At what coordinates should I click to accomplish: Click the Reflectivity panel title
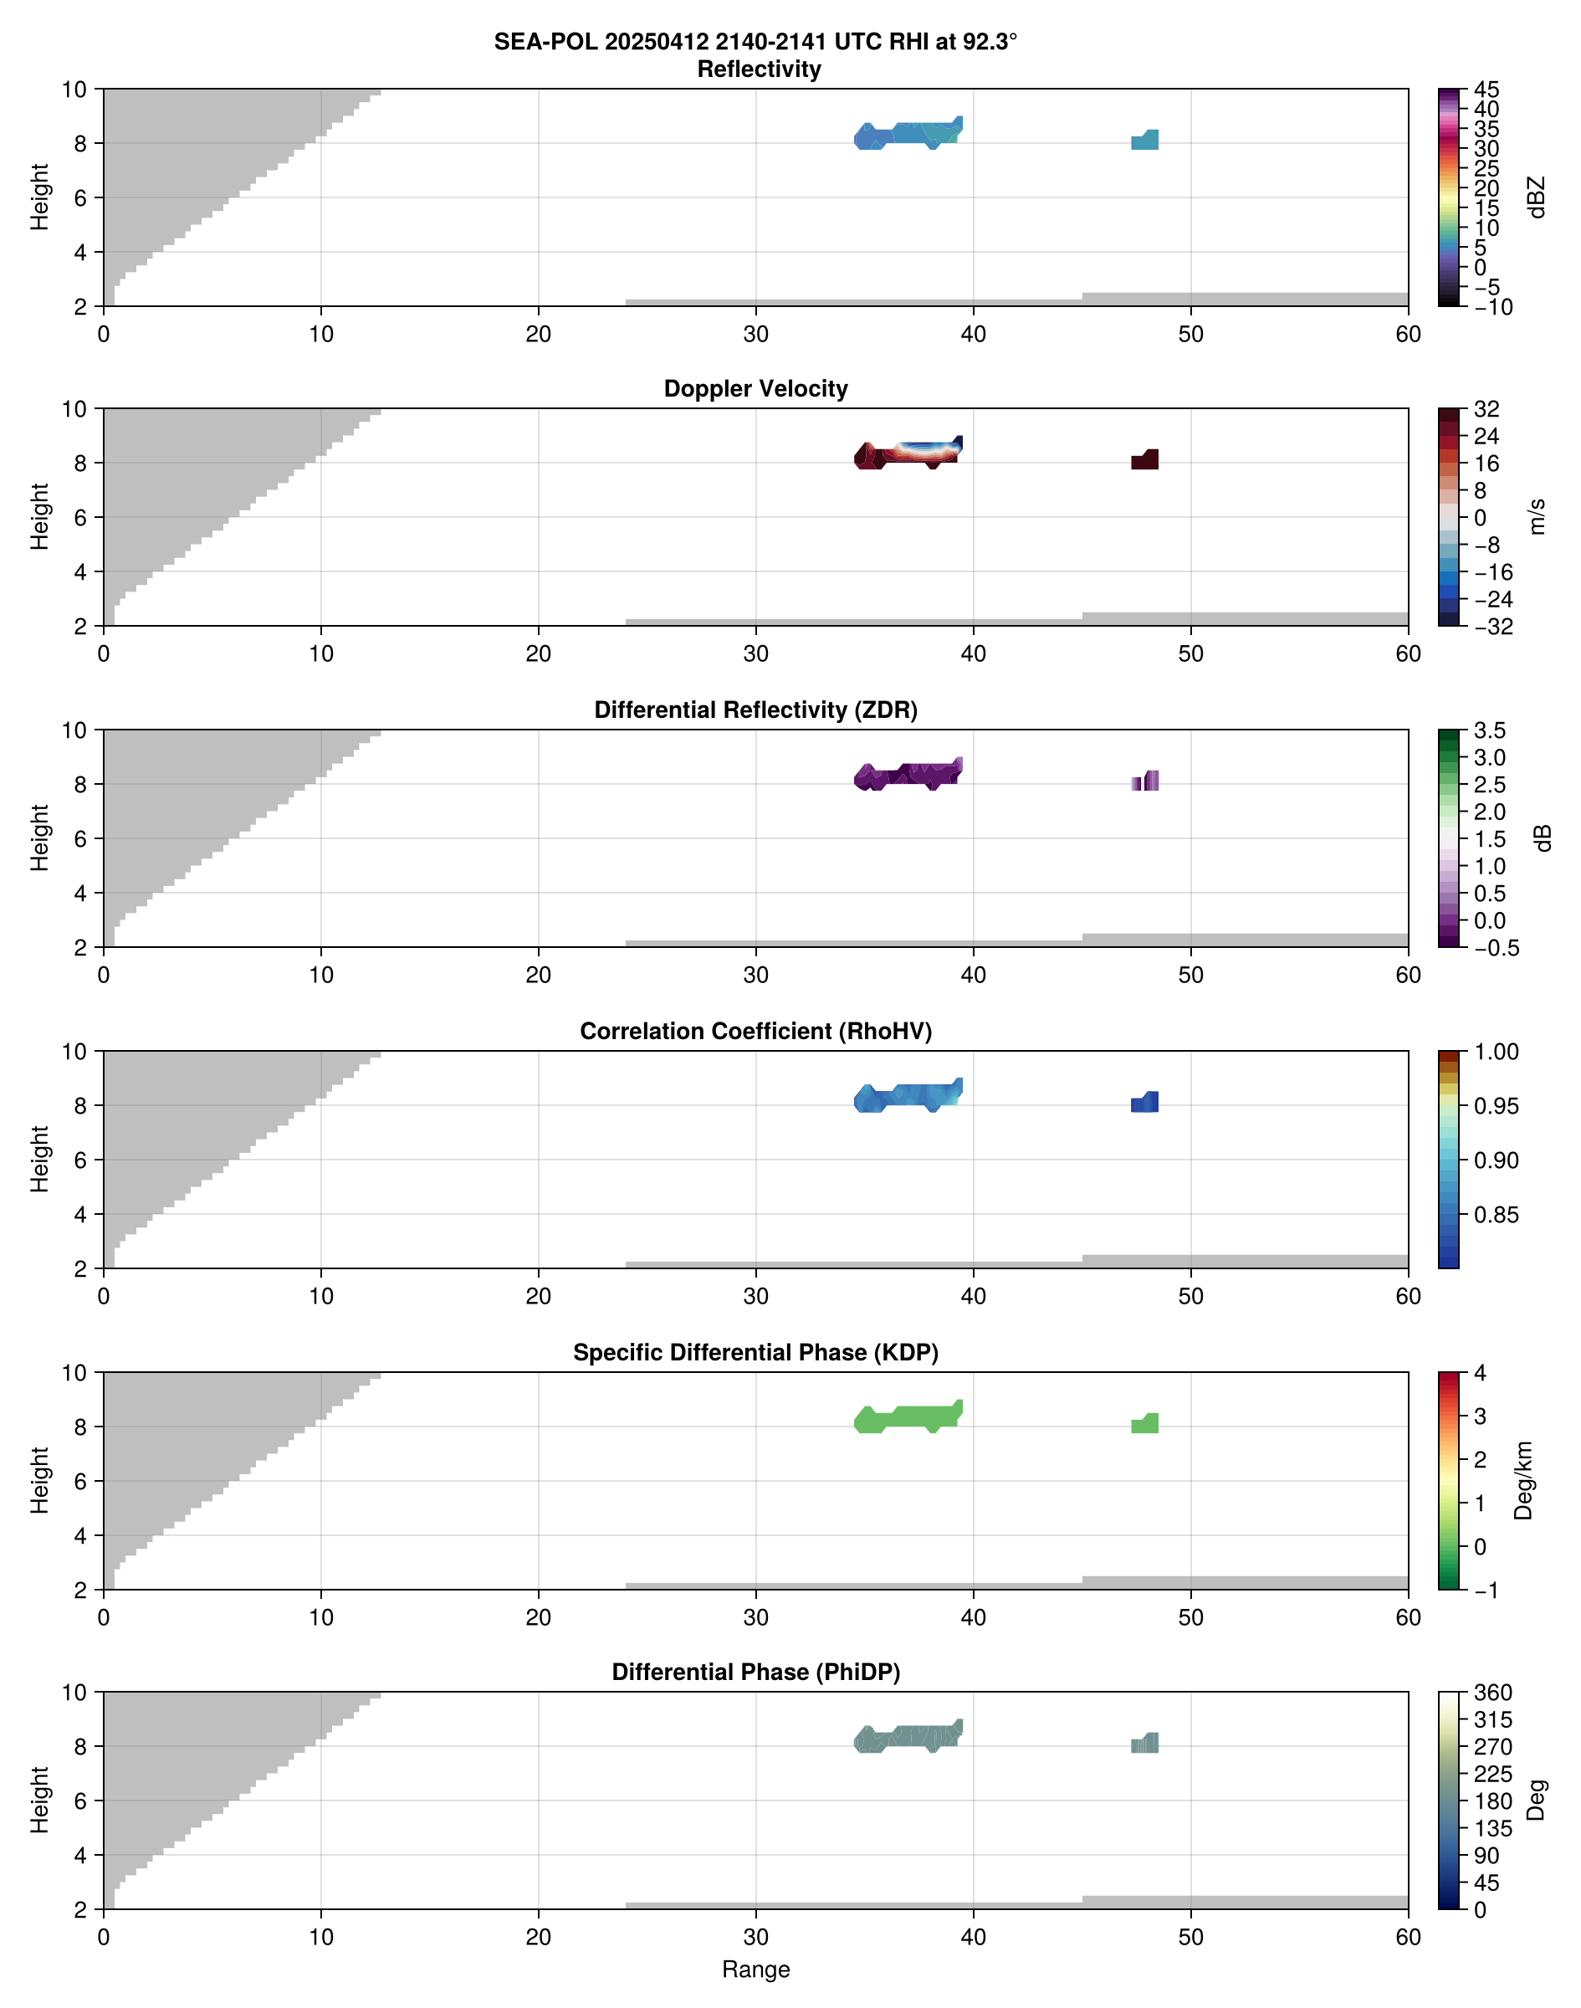coord(758,69)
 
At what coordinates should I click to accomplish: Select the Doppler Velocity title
coord(755,389)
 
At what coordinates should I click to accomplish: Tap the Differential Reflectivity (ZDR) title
coord(755,710)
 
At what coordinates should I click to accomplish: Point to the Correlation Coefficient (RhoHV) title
coord(755,1032)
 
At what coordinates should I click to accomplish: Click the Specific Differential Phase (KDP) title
coord(755,1353)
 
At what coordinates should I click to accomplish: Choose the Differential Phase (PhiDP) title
coord(755,1672)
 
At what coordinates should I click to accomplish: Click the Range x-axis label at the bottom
coord(755,1970)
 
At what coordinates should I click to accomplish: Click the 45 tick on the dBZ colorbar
coord(1486,90)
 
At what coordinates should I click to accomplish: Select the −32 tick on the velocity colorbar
coord(1492,627)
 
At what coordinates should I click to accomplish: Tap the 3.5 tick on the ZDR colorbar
coord(1488,730)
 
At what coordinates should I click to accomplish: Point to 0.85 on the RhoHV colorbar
coord(1495,1215)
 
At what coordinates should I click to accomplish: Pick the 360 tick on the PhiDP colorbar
coord(1492,1693)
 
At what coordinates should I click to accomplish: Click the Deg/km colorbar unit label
coord(1523,1480)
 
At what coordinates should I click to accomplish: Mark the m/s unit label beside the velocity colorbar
coord(1538,516)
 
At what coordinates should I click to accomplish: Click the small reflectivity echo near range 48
coord(1145,141)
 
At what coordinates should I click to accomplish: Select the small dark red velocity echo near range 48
coord(1145,460)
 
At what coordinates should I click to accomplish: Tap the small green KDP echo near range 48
coord(1145,1424)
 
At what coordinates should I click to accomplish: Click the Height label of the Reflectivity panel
coord(38,197)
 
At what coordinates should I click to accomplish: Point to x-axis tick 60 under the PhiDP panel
coord(1407,1937)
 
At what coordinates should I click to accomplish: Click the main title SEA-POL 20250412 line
coord(755,42)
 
